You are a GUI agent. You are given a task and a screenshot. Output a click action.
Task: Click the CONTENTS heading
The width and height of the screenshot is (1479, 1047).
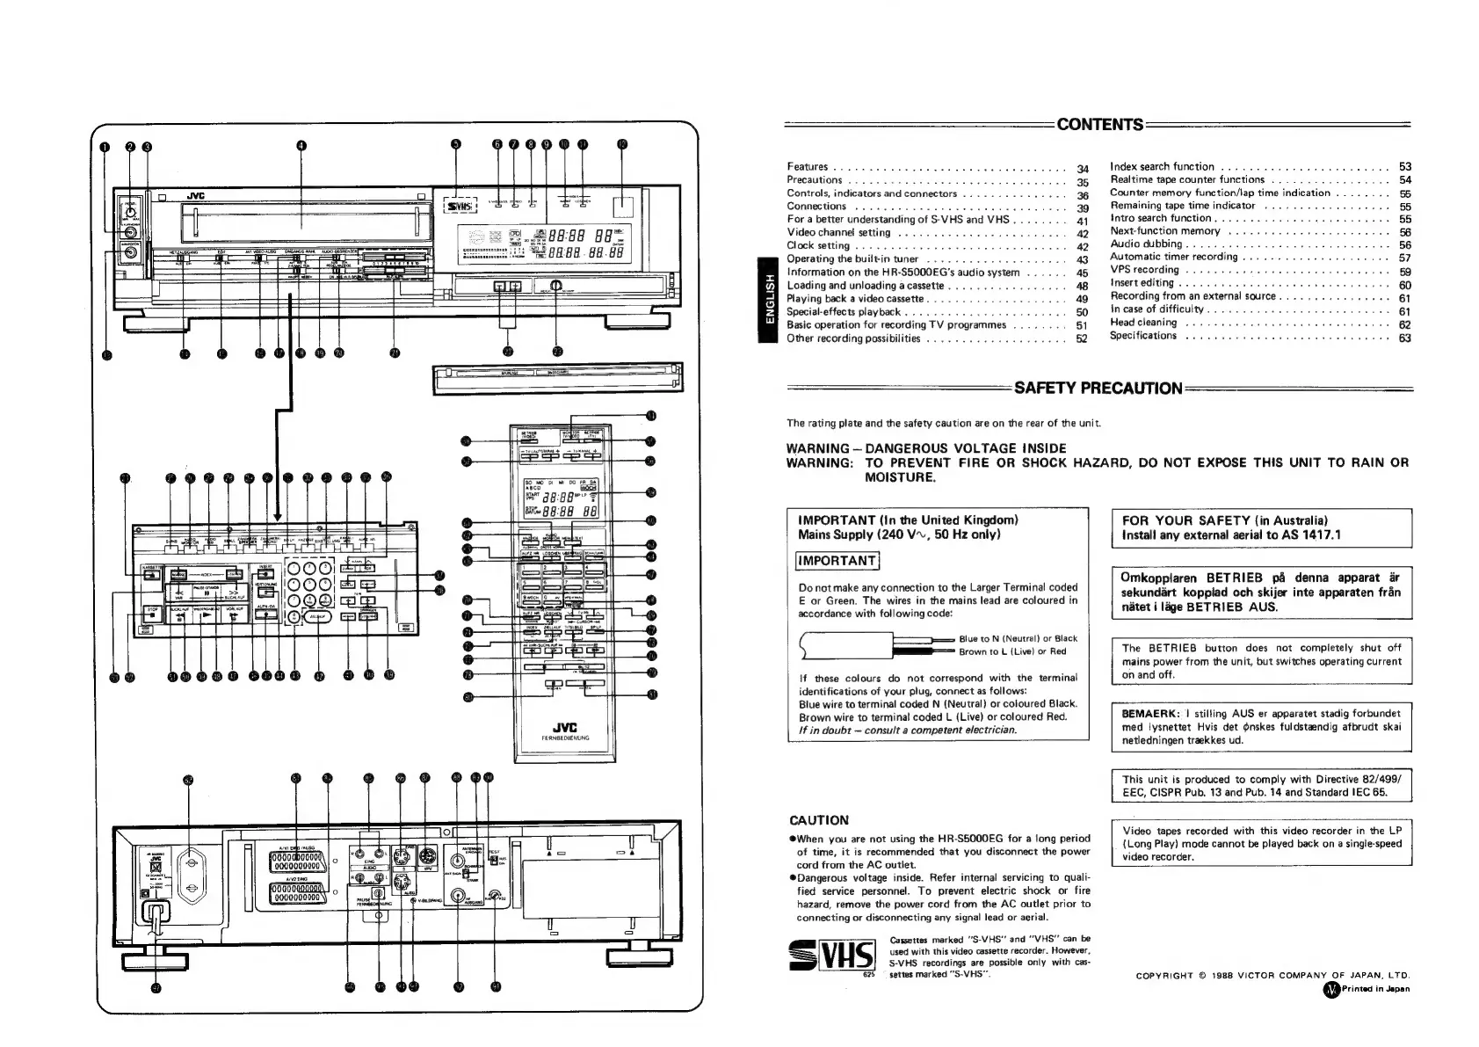(x=1099, y=124)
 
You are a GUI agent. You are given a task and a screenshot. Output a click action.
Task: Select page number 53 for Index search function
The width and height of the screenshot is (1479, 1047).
(x=1404, y=166)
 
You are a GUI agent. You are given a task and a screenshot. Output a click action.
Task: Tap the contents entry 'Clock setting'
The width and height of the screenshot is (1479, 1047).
(x=818, y=246)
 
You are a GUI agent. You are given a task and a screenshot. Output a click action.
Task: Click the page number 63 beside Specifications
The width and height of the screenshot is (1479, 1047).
(x=1404, y=338)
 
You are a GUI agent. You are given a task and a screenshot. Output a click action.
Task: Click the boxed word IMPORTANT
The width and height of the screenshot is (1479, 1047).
(x=837, y=561)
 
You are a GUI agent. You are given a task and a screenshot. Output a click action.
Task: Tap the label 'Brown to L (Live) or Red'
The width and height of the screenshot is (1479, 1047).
(x=1011, y=651)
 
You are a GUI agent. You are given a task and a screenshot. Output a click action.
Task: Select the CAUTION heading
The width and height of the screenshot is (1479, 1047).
(x=819, y=819)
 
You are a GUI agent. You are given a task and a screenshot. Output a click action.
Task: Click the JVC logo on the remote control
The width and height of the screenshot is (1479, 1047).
(x=564, y=724)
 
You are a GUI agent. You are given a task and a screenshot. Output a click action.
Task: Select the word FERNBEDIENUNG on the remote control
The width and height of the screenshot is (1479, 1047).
(x=564, y=738)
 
